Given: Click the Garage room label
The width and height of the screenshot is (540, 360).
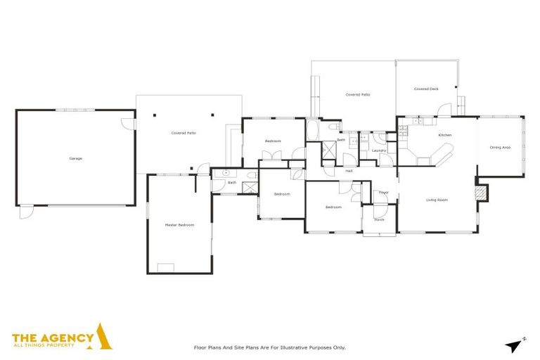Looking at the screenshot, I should pyautogui.click(x=75, y=158).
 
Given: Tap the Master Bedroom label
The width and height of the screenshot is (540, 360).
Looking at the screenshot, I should pyautogui.click(x=179, y=224).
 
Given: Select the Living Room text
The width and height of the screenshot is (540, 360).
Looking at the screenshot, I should pyautogui.click(x=437, y=200).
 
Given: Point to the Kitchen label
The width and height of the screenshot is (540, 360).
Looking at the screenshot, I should pyautogui.click(x=444, y=134).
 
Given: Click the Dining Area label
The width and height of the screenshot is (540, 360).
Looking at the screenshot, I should pyautogui.click(x=499, y=147).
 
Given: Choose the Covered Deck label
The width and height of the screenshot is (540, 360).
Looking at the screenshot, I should pyautogui.click(x=426, y=89).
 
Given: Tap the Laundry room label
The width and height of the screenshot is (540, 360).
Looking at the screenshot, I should pyautogui.click(x=379, y=150).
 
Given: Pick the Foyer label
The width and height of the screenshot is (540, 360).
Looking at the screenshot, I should pyautogui.click(x=383, y=192).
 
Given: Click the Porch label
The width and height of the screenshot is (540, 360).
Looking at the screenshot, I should pyautogui.click(x=379, y=219).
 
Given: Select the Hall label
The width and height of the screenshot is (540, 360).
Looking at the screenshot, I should pyautogui.click(x=349, y=171).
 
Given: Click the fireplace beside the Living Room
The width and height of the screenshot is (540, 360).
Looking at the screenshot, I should pyautogui.click(x=481, y=193).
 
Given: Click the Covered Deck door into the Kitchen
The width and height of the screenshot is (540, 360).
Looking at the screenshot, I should pyautogui.click(x=444, y=110).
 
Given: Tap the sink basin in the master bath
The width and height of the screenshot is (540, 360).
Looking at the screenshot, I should pyautogui.click(x=226, y=172).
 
